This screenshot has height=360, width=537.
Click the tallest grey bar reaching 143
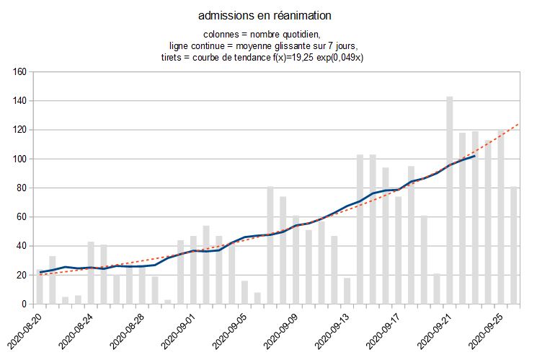tap(449, 200)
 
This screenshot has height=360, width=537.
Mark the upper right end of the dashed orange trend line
tap(518, 125)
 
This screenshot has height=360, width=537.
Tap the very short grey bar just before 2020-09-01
tap(168, 302)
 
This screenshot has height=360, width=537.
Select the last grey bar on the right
tap(513, 245)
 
